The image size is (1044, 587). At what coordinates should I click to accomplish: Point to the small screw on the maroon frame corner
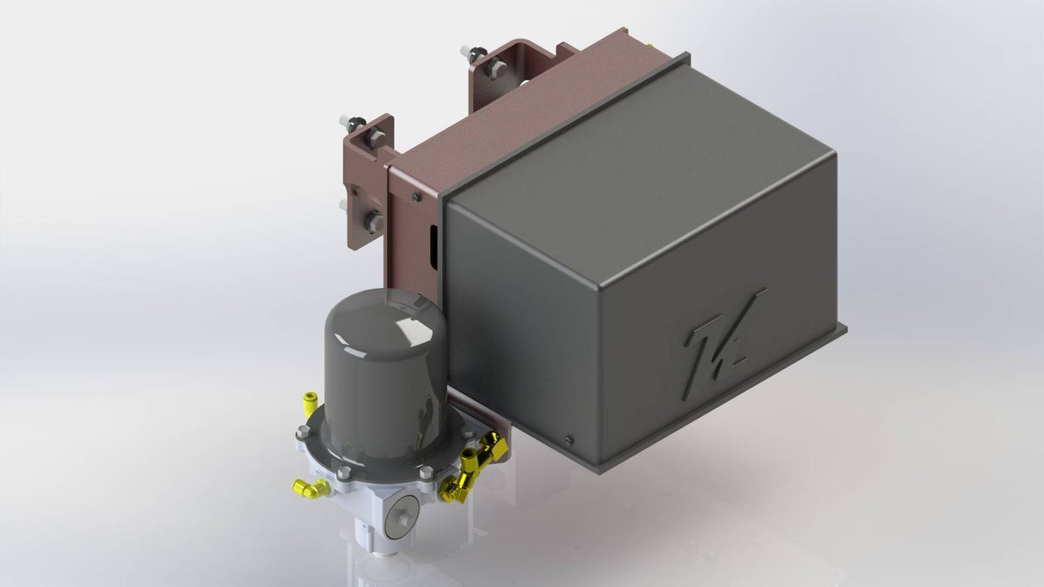coord(416,197)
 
